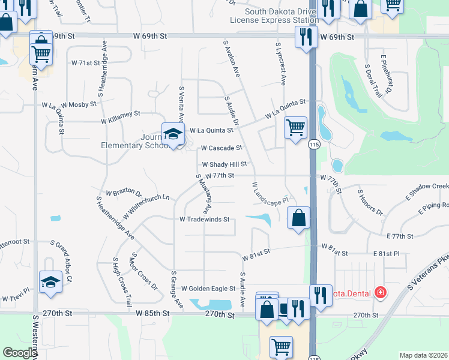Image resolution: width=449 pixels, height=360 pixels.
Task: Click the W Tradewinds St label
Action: pos(205,220)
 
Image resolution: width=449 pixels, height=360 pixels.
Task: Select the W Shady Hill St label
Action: pos(224,164)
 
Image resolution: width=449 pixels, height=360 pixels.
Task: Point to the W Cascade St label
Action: pos(221,148)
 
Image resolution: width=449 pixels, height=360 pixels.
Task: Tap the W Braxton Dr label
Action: pos(124,194)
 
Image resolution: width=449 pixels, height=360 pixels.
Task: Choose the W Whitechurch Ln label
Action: pos(146,205)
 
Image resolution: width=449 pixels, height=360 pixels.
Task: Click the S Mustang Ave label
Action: pos(203,194)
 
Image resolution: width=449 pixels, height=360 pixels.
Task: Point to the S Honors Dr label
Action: pos(370,202)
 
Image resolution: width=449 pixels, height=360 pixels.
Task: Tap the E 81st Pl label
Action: pos(386,254)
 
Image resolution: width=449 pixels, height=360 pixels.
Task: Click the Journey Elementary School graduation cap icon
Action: pos(172,134)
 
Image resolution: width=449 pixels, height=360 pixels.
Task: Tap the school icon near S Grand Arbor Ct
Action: pos(50,281)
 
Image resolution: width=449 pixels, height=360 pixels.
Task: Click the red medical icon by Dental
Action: pos(380,293)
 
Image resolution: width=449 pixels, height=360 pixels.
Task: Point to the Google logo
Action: pos(20,353)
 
